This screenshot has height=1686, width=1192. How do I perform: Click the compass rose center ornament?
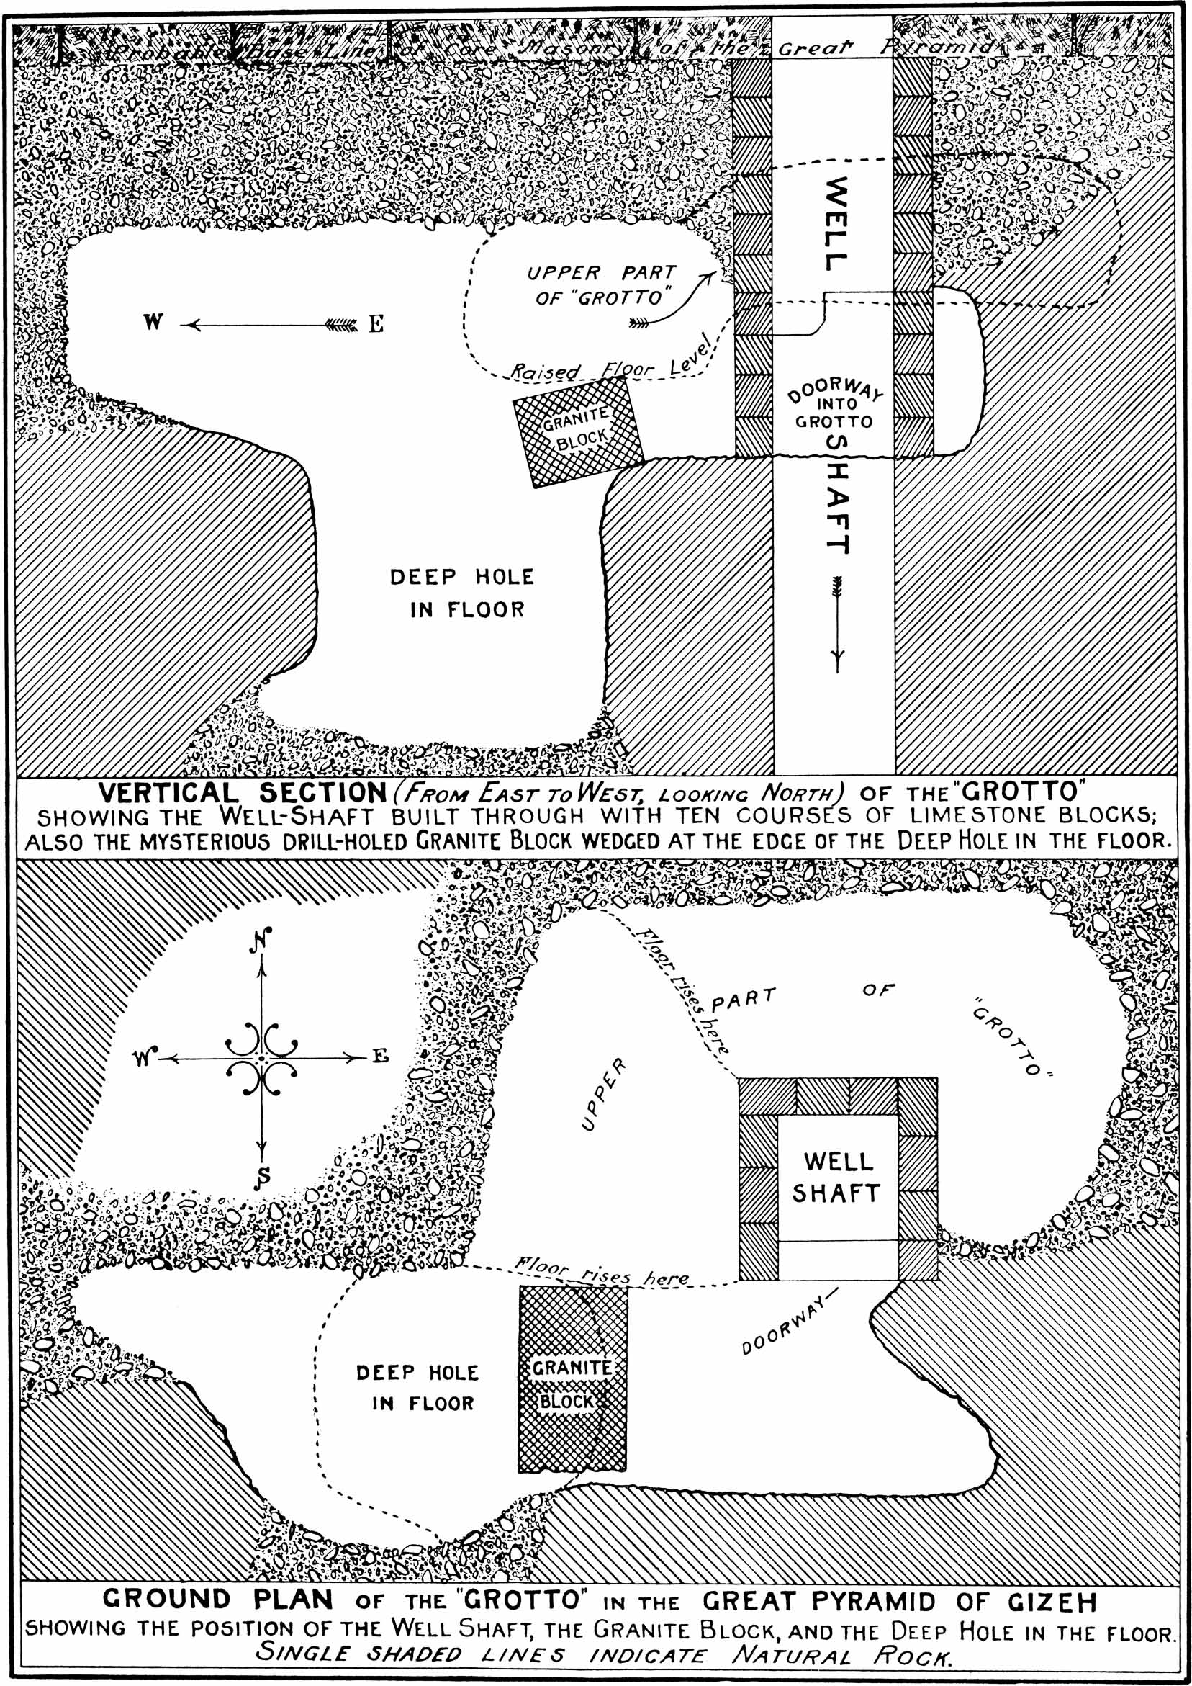262,1058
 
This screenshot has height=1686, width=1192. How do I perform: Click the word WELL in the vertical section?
834,224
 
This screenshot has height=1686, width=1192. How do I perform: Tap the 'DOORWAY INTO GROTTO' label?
834,405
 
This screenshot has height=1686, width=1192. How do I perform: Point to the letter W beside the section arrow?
153,323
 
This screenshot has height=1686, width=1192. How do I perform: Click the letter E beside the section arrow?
375,324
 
